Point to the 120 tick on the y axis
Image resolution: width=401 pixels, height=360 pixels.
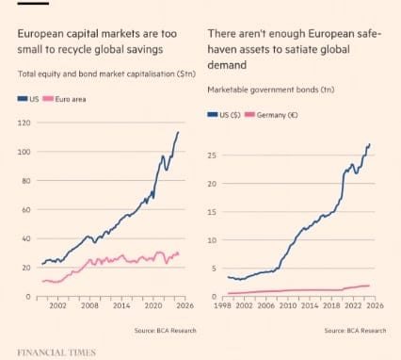(x=23, y=123)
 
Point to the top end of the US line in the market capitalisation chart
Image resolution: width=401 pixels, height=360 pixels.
(x=178, y=132)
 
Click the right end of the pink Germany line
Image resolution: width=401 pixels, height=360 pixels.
(x=369, y=286)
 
